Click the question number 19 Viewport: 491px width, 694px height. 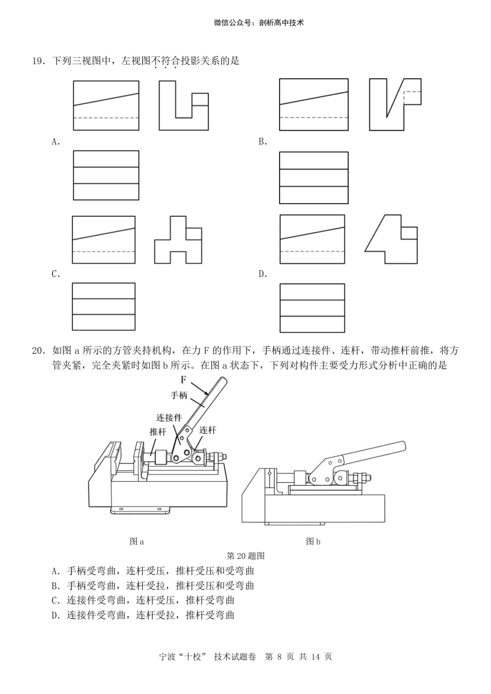[x=38, y=61]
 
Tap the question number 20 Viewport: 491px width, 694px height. [x=38, y=351]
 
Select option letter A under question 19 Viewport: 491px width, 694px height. [x=56, y=142]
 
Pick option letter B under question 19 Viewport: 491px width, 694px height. [x=263, y=142]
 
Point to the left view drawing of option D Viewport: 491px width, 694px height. [x=391, y=240]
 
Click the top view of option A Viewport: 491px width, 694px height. [x=106, y=176]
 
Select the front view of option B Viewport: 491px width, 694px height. [x=314, y=105]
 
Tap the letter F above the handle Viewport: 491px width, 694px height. [x=184, y=380]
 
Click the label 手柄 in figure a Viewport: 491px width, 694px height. [x=179, y=395]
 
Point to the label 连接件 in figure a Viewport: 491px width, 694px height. [x=169, y=417]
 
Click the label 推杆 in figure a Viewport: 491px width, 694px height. [x=158, y=432]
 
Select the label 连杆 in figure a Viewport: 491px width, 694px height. [x=208, y=430]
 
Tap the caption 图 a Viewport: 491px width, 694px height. [x=136, y=541]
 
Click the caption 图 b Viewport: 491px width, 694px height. [x=313, y=541]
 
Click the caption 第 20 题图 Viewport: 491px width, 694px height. [x=245, y=556]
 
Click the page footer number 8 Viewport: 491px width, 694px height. [x=279, y=657]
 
